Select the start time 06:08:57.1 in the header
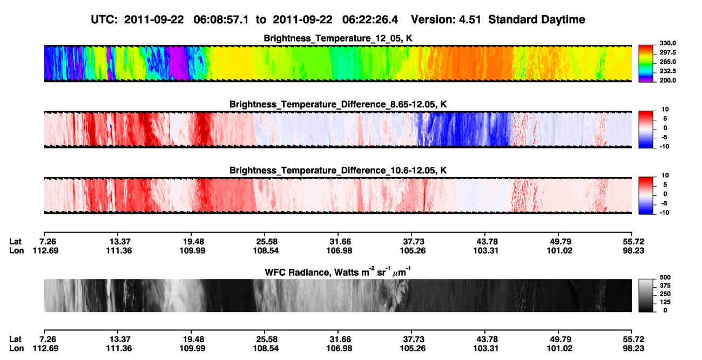click(x=221, y=20)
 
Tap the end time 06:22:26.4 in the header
click(x=370, y=20)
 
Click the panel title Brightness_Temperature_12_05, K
click(x=338, y=38)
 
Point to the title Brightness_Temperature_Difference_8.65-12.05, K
click(x=338, y=104)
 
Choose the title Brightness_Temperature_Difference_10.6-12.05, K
click(x=338, y=171)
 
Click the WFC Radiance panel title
click(x=338, y=272)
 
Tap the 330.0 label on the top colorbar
click(x=667, y=43)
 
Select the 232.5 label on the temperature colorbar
click(x=667, y=71)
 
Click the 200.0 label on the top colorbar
click(x=667, y=80)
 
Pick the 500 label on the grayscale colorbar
click(x=665, y=277)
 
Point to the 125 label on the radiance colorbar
click(x=665, y=302)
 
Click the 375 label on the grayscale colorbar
click(x=665, y=286)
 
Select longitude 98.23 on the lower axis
click(x=633, y=349)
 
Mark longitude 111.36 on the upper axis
click(x=119, y=250)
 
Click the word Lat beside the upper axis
click(x=15, y=242)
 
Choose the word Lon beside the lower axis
click(x=17, y=349)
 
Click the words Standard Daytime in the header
click(x=537, y=20)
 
